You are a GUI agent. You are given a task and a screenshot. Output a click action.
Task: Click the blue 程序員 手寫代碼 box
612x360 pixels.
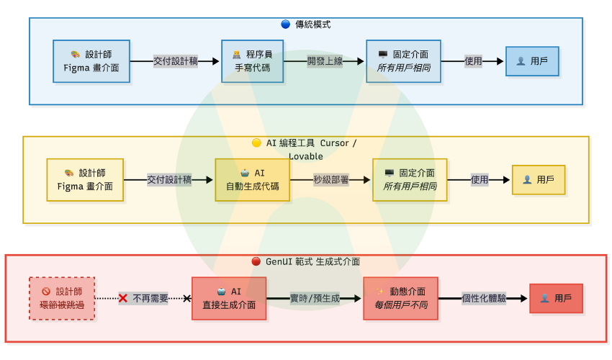[252, 61]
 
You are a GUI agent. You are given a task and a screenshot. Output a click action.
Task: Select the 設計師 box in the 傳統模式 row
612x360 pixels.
[91, 61]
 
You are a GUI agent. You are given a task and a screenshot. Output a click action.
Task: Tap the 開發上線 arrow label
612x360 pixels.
[325, 61]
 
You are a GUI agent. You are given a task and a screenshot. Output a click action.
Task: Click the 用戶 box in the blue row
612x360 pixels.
[532, 61]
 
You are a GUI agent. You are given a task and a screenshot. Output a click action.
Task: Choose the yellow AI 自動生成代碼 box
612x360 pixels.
[252, 179]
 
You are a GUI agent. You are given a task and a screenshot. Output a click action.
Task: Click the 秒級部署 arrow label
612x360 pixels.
[331, 179]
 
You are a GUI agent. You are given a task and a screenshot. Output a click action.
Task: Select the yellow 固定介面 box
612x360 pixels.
[410, 179]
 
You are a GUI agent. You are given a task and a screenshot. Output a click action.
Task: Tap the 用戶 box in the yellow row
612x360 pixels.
[538, 179]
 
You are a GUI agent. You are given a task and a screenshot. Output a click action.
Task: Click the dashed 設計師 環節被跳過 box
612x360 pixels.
[62, 298]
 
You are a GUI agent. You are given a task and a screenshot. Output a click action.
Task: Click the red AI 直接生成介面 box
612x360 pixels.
[229, 298]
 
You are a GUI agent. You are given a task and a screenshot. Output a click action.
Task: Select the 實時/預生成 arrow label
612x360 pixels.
[315, 298]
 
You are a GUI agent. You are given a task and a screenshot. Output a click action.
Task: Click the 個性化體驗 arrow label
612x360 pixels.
[484, 298]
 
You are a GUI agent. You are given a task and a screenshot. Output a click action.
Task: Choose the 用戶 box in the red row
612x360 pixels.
[556, 298]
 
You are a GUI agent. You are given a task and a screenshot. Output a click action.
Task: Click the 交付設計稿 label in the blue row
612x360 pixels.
[176, 61]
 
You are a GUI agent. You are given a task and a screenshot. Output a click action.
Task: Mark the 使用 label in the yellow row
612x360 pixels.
[480, 179]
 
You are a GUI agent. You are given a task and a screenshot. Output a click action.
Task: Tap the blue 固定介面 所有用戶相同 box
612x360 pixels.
[403, 61]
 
